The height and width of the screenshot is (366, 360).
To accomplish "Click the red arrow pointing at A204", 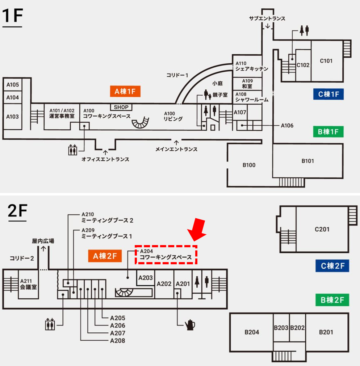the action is tap(197, 230).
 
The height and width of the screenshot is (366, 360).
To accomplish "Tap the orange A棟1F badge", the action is tap(125, 91).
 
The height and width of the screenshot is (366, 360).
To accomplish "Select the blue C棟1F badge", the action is tap(328, 94).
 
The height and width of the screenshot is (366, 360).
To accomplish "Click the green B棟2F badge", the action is tap(332, 300).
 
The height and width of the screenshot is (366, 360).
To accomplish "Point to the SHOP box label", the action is tap(121, 107).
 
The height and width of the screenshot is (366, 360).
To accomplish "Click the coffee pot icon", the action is tap(190, 325).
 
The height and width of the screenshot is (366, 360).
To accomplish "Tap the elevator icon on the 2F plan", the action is tap(50, 324).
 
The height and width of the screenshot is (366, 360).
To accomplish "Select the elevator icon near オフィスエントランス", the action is tap(72, 150).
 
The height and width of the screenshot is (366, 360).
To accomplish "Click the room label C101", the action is tap(326, 61).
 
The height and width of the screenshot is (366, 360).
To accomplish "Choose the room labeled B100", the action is tap(249, 165).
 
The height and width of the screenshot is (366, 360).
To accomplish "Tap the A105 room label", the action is tap(13, 84).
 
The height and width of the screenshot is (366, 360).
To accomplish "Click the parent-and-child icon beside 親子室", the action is tap(207, 94).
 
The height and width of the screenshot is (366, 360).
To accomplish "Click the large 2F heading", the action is tap(18, 211).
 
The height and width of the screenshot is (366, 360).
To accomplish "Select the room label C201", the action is tap(322, 229).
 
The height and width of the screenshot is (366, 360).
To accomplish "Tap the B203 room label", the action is tap(281, 328).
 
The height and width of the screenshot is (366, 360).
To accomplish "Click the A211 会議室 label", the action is tap(28, 284).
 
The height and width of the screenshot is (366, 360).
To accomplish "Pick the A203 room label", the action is tap(146, 278).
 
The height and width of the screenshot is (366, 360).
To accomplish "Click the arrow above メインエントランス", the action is tap(176, 143).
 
